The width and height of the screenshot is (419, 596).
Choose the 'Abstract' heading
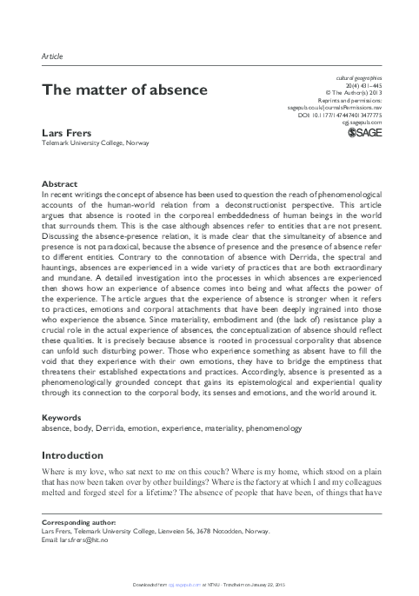coord(60,184)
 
